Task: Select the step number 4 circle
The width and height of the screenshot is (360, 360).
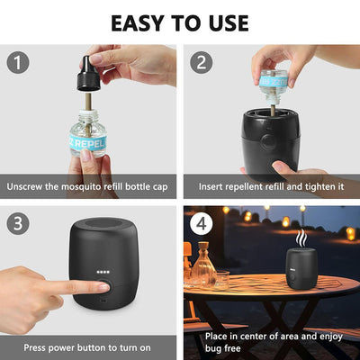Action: [x=202, y=222]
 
